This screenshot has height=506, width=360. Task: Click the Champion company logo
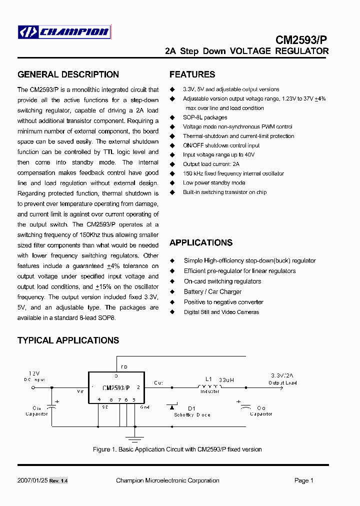[x=63, y=32]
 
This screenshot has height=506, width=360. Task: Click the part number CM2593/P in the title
[x=302, y=40]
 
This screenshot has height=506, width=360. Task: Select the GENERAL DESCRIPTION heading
[x=68, y=74]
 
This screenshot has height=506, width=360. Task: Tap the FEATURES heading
[x=192, y=74]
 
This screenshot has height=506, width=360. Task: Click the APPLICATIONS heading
[x=200, y=242]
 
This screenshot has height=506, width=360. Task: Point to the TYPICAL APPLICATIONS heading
[x=68, y=340]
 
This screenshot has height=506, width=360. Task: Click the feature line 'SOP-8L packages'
[x=205, y=117]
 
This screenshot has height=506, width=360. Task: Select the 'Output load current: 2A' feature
[x=211, y=164]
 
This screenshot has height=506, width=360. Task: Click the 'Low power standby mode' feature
[x=214, y=183]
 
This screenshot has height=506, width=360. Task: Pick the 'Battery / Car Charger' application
[x=212, y=291]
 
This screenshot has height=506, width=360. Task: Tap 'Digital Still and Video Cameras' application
[x=221, y=312]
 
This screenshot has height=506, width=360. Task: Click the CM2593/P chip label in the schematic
[x=116, y=387]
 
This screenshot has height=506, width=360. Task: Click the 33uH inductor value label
[x=226, y=380]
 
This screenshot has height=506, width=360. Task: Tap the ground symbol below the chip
[x=132, y=438]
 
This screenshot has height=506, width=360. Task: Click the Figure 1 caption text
[x=177, y=449]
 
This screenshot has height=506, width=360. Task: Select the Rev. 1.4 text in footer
[x=58, y=481]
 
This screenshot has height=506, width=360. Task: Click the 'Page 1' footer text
[x=303, y=480]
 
